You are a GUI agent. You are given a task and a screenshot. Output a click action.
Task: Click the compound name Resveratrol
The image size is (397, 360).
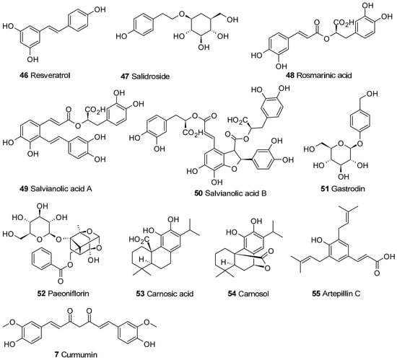[50, 75]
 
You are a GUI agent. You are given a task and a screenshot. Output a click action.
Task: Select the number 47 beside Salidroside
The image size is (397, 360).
[125, 76]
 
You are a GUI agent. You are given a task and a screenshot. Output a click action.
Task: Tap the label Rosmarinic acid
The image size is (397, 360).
[324, 75]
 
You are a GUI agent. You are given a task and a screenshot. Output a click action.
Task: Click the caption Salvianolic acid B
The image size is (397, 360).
[236, 193]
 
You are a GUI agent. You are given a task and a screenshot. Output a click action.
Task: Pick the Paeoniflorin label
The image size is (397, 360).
[69, 294]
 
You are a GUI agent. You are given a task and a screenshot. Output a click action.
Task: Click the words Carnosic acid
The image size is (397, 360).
[170, 294]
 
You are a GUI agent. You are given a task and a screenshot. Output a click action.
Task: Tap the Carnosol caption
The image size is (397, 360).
[253, 294]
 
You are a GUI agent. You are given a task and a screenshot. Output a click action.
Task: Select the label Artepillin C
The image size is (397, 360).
[341, 294]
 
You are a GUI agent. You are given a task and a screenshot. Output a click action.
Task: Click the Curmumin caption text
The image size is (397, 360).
[79, 354]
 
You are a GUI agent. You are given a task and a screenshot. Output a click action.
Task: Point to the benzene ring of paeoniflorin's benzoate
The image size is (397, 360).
[41, 260]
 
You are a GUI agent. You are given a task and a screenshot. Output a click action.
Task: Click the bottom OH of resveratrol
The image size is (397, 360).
[33, 59]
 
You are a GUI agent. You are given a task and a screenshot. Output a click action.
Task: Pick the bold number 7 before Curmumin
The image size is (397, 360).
[57, 354]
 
